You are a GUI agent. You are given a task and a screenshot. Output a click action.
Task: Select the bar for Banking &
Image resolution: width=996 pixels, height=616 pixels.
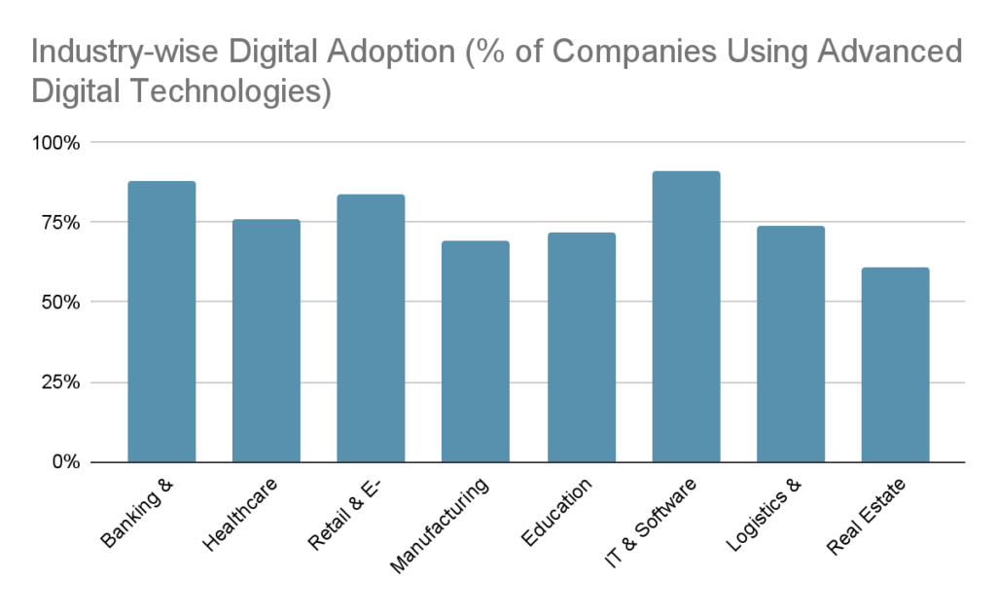[161, 321]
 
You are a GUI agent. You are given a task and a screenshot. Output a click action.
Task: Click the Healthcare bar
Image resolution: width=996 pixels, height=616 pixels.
[266, 341]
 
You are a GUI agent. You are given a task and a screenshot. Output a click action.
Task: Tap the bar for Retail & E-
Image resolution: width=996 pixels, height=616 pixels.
[371, 328]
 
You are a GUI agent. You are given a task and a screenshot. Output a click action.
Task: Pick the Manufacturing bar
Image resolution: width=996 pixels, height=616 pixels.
[475, 351]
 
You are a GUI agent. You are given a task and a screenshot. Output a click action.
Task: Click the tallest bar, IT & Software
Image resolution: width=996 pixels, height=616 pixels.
[686, 316]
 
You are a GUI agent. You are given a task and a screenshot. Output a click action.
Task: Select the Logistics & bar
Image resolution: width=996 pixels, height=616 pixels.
[791, 344]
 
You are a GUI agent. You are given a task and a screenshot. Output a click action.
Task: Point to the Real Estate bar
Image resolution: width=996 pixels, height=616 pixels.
[895, 364]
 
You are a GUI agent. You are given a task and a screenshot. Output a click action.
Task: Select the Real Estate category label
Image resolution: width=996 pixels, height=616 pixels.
[863, 517]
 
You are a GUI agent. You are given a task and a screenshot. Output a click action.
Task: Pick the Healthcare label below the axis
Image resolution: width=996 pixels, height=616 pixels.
[240, 515]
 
